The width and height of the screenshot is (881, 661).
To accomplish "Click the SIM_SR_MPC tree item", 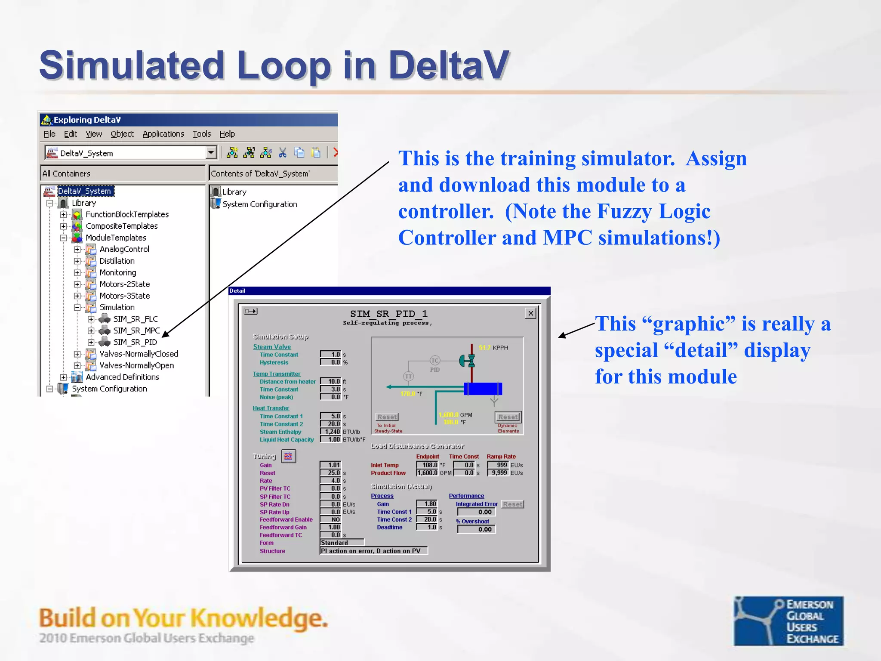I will click(x=136, y=330).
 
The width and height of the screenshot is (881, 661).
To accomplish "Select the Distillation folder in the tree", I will click(x=117, y=261).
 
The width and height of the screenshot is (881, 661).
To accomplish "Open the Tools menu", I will click(x=201, y=134).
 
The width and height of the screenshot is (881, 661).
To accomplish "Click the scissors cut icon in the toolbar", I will click(x=282, y=152).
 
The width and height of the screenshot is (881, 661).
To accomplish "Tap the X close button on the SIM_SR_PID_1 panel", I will click(x=531, y=313).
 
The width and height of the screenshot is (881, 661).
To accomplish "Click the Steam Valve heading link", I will click(x=271, y=347).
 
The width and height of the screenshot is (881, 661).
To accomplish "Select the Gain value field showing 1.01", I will click(x=331, y=465).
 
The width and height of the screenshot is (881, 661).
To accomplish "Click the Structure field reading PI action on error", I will click(x=373, y=551).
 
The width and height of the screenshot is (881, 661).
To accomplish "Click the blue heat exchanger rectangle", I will click(x=483, y=389).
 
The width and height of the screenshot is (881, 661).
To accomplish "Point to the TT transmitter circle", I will click(x=408, y=377).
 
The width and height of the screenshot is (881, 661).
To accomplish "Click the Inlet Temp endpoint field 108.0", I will click(x=427, y=465).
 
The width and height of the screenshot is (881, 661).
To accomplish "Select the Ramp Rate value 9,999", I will click(x=498, y=473).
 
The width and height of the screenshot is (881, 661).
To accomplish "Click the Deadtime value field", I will click(x=427, y=527).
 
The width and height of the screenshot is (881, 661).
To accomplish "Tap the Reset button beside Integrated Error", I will click(x=512, y=504).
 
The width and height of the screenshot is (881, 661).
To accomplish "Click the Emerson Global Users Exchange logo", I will click(x=788, y=621).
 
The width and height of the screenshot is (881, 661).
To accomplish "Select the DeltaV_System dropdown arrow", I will click(x=211, y=153).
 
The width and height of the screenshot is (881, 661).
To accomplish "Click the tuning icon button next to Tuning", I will click(x=288, y=456).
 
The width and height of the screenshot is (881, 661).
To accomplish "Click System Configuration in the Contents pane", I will click(x=259, y=204).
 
